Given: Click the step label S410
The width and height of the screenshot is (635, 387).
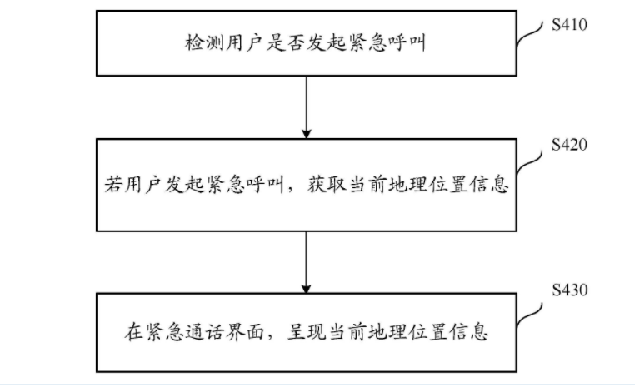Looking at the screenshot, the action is coord(569,25).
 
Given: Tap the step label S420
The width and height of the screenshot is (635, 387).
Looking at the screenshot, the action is coord(569,145).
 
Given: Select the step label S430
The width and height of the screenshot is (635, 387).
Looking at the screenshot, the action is coord(569,290).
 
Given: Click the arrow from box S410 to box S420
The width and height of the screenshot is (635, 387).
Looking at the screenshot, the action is coord(306,107).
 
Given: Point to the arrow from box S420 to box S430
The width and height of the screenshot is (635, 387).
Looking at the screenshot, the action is coord(306,262).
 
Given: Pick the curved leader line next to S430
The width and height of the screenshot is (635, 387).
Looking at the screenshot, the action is coord(529,315).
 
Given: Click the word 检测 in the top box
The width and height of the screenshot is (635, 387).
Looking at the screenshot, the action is coord(204,43).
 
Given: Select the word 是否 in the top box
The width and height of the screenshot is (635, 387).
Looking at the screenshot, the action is coord(286,43).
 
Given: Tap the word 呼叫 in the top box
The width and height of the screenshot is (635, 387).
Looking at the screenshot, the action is coord(406,43).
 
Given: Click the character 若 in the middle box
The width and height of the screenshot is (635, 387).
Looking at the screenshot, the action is coord(114,185).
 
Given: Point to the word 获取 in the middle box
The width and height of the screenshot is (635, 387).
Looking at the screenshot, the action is coord(326,185).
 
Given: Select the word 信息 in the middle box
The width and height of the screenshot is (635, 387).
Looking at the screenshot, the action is coord(489,185).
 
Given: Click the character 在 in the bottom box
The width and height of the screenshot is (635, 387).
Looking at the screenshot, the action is coord(133,332).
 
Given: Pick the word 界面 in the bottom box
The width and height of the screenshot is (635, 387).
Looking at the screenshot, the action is coord(245,332).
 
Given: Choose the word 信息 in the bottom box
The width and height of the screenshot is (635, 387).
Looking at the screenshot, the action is coord(468,332).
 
